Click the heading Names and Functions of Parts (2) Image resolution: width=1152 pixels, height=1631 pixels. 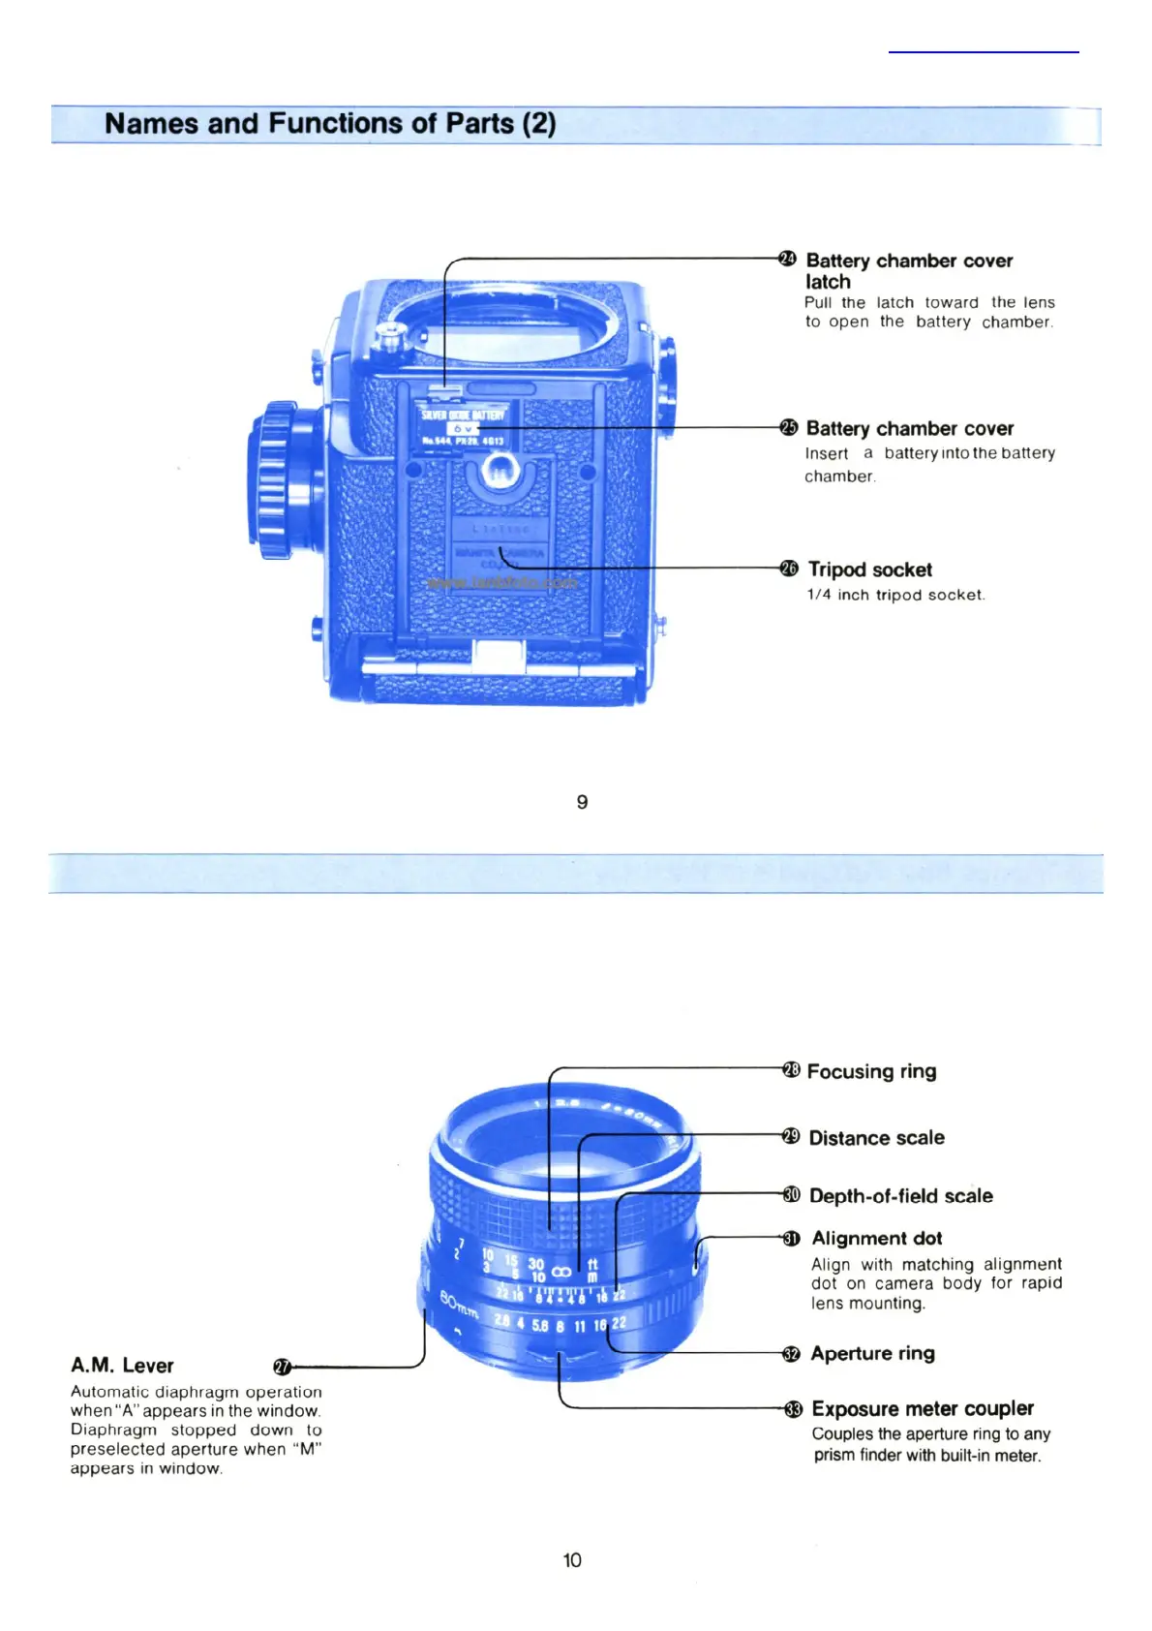pos(330,124)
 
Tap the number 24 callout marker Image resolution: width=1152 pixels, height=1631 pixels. pos(787,259)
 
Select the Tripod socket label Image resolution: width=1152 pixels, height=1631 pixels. pos(870,569)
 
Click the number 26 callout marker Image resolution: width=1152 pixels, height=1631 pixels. pos(789,569)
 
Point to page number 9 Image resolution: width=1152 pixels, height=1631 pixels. pos(582,802)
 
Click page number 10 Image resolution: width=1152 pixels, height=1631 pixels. pos(572,1560)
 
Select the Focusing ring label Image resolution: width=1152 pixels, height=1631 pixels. pos(871,1071)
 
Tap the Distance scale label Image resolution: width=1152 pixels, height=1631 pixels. pos(876,1138)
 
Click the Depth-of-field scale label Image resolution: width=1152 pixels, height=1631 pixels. pos(900,1196)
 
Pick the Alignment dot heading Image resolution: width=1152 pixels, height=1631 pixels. pos(876,1239)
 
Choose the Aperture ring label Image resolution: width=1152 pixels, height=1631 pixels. pos(872,1354)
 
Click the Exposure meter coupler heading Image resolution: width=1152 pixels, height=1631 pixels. pos(922,1409)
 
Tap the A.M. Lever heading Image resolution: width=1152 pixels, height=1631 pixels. pos(122,1366)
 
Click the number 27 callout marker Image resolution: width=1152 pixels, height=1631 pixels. pos(282,1367)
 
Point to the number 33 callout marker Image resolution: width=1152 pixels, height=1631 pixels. pos(793,1409)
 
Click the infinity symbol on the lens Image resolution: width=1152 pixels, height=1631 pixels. pos(561,1271)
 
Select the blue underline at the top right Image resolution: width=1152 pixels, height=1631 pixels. pos(984,51)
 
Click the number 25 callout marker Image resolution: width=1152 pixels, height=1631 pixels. pos(788,427)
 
